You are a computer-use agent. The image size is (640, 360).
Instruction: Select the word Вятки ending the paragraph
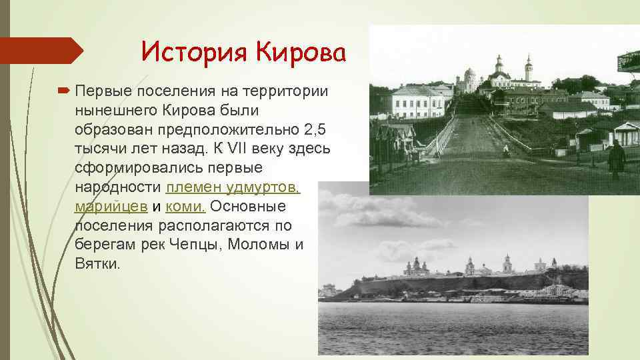[97, 263]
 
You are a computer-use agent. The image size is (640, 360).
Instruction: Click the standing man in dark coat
[617, 159]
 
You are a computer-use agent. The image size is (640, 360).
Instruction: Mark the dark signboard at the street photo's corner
[629, 61]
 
